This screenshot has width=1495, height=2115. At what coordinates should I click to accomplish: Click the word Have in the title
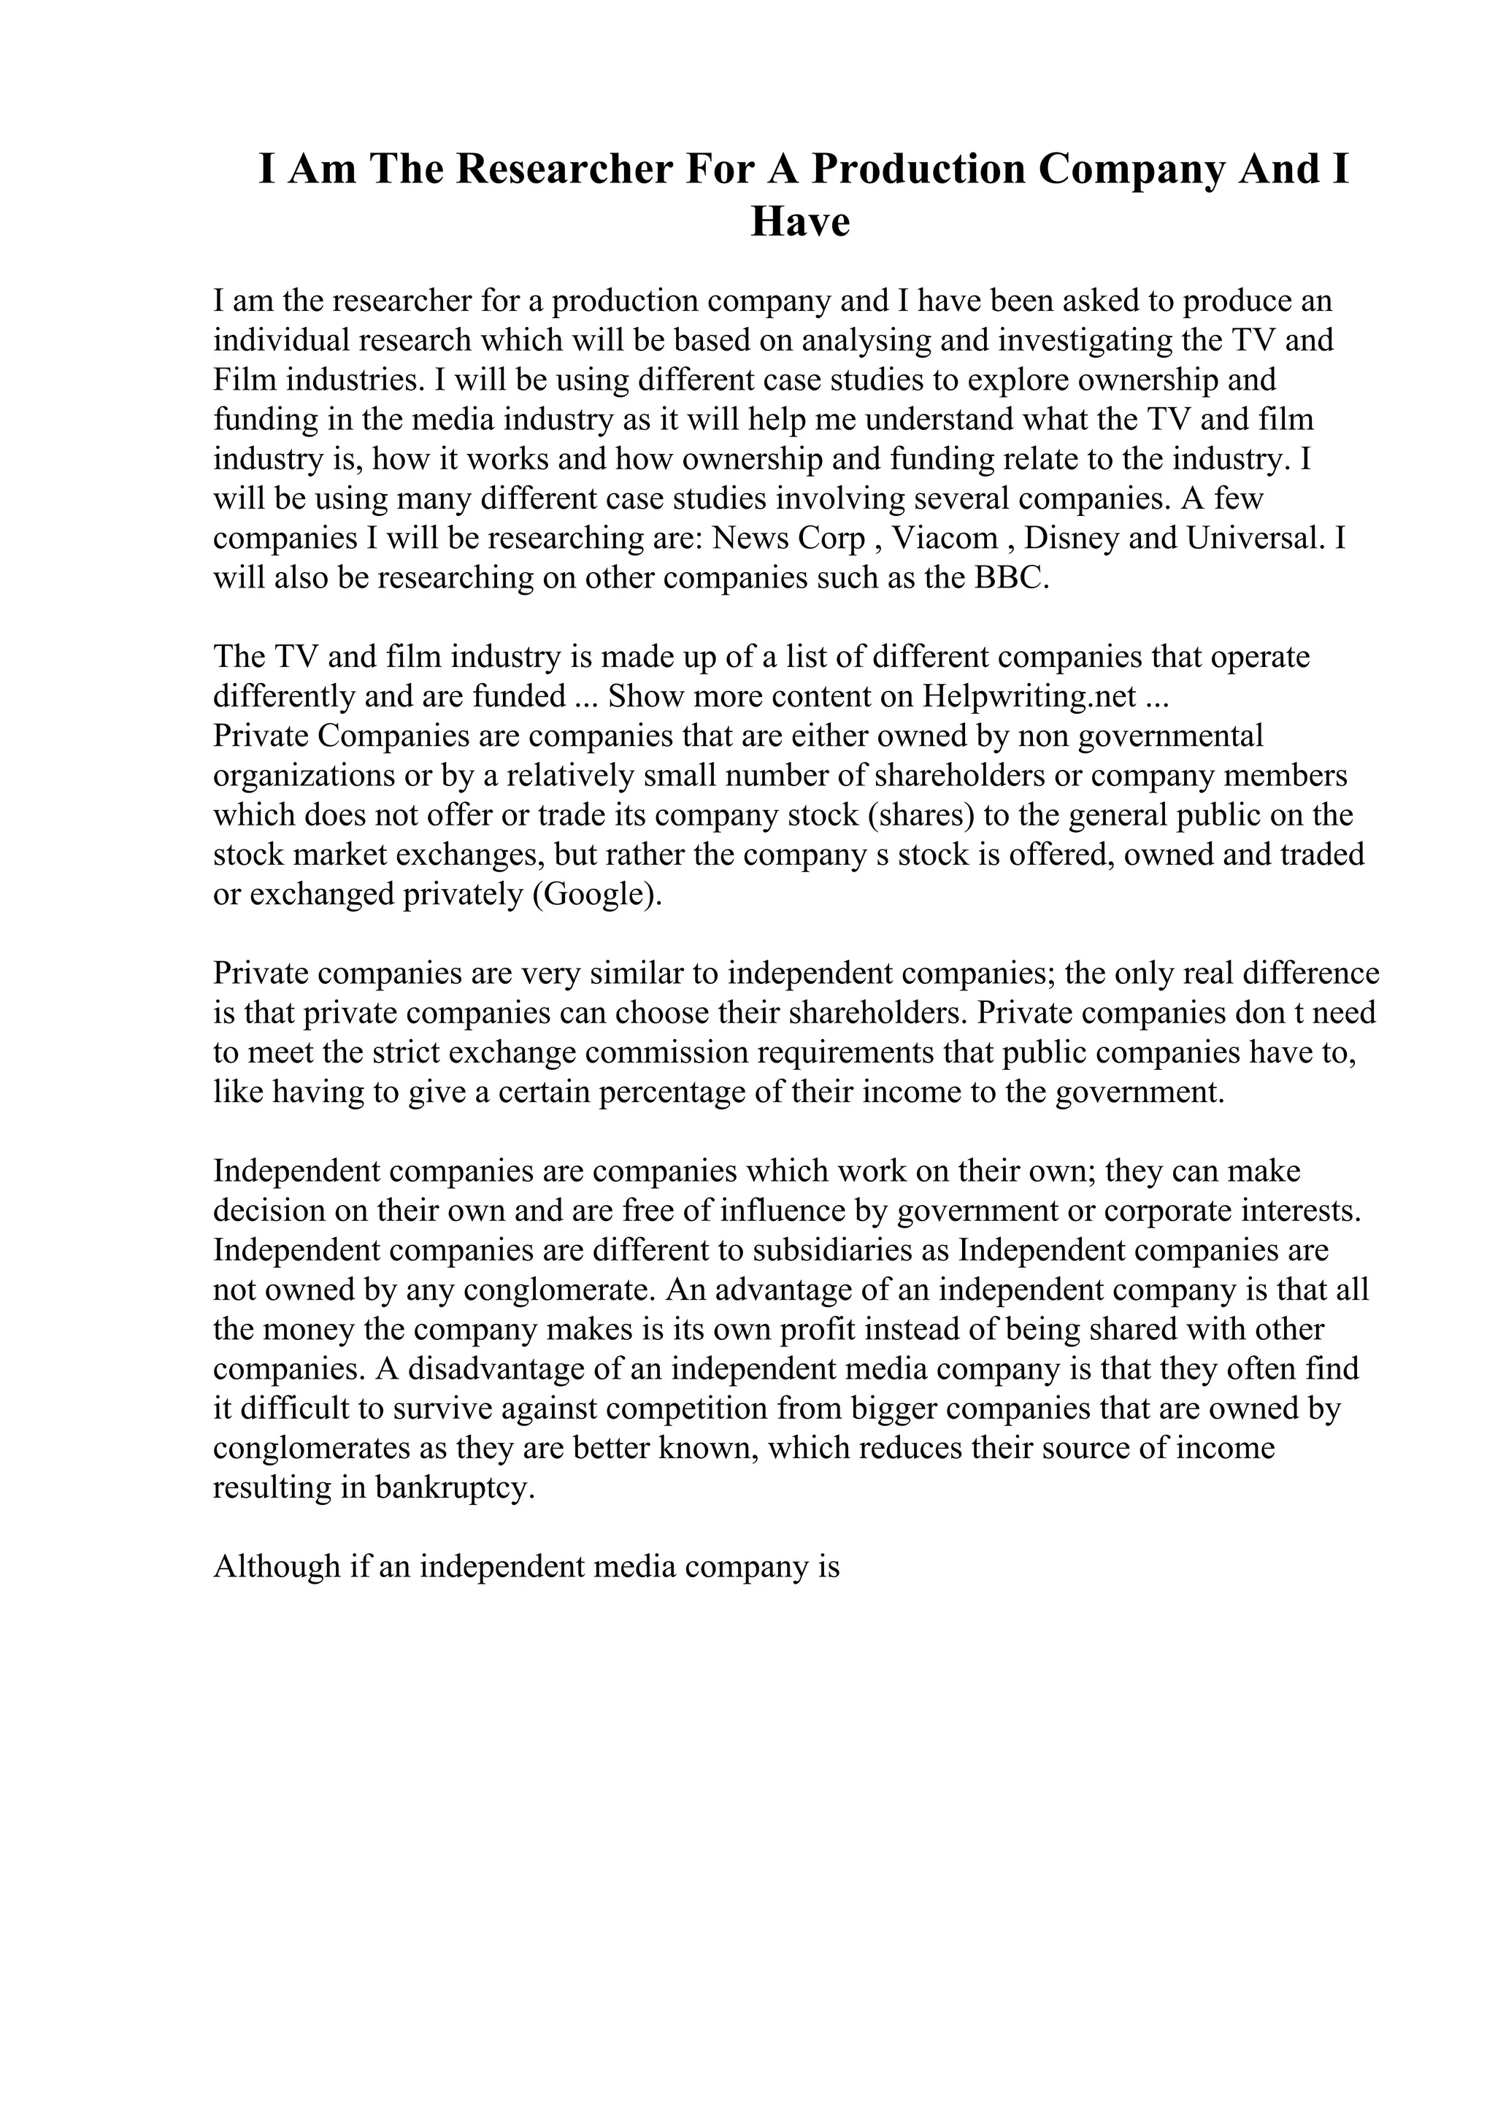799,223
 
